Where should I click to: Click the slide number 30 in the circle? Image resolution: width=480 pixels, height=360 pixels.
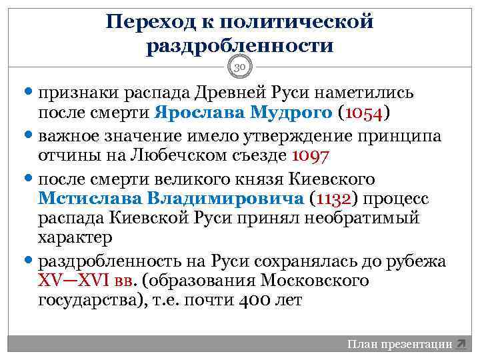240,67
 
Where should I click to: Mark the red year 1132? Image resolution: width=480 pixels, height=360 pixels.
334,199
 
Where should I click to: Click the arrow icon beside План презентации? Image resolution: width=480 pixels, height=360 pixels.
461,345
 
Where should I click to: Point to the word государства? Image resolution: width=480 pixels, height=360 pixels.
86,300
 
